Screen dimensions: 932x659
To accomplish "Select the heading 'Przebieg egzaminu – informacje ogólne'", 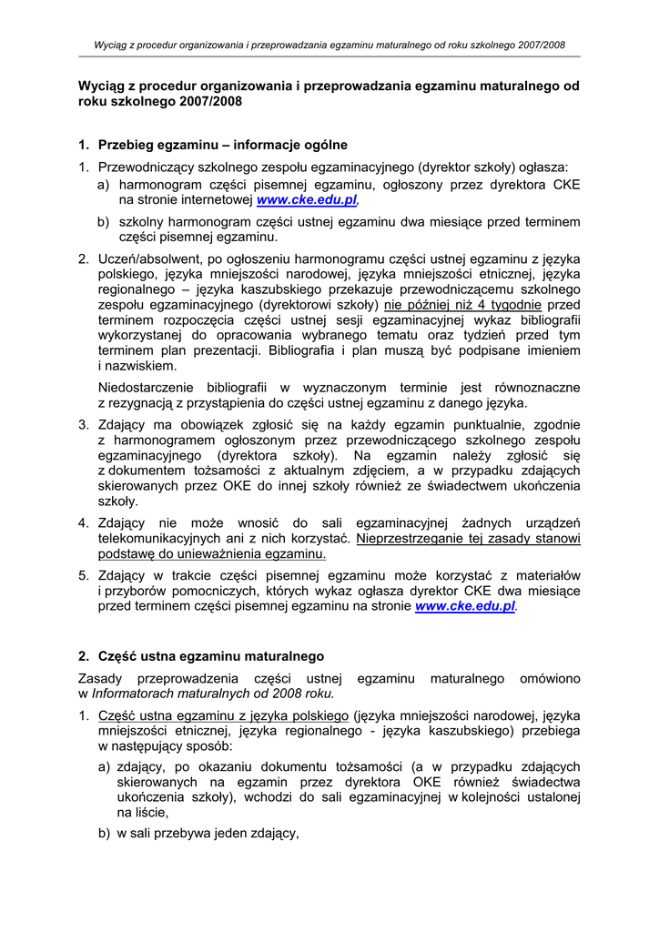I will pyautogui.click(x=222, y=145).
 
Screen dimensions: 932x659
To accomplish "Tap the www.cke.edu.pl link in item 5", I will pyautogui.click(x=465, y=606).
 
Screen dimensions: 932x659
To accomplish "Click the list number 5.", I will pyautogui.click(x=82, y=575).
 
